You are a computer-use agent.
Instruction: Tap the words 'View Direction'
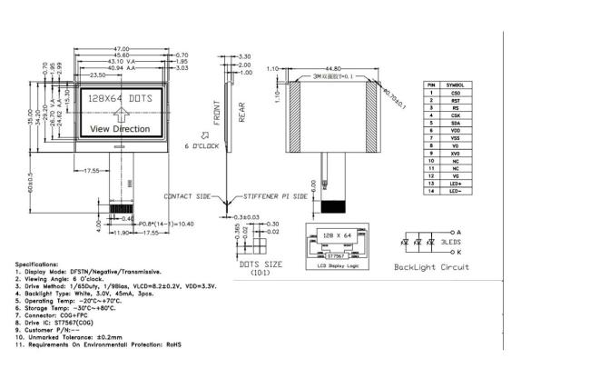tap(120, 129)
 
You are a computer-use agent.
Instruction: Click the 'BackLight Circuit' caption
tap(432, 267)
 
